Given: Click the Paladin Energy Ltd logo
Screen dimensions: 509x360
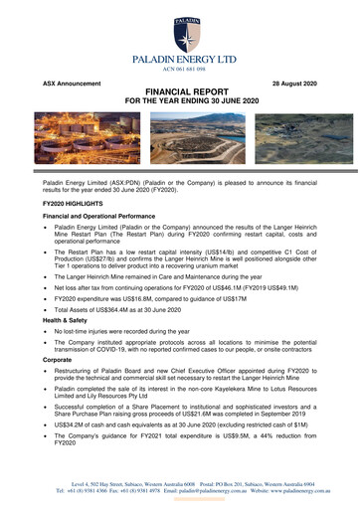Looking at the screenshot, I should [180, 36].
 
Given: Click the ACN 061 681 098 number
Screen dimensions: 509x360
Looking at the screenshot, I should [180, 70].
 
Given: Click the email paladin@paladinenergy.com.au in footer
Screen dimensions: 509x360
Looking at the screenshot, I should [225, 492].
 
